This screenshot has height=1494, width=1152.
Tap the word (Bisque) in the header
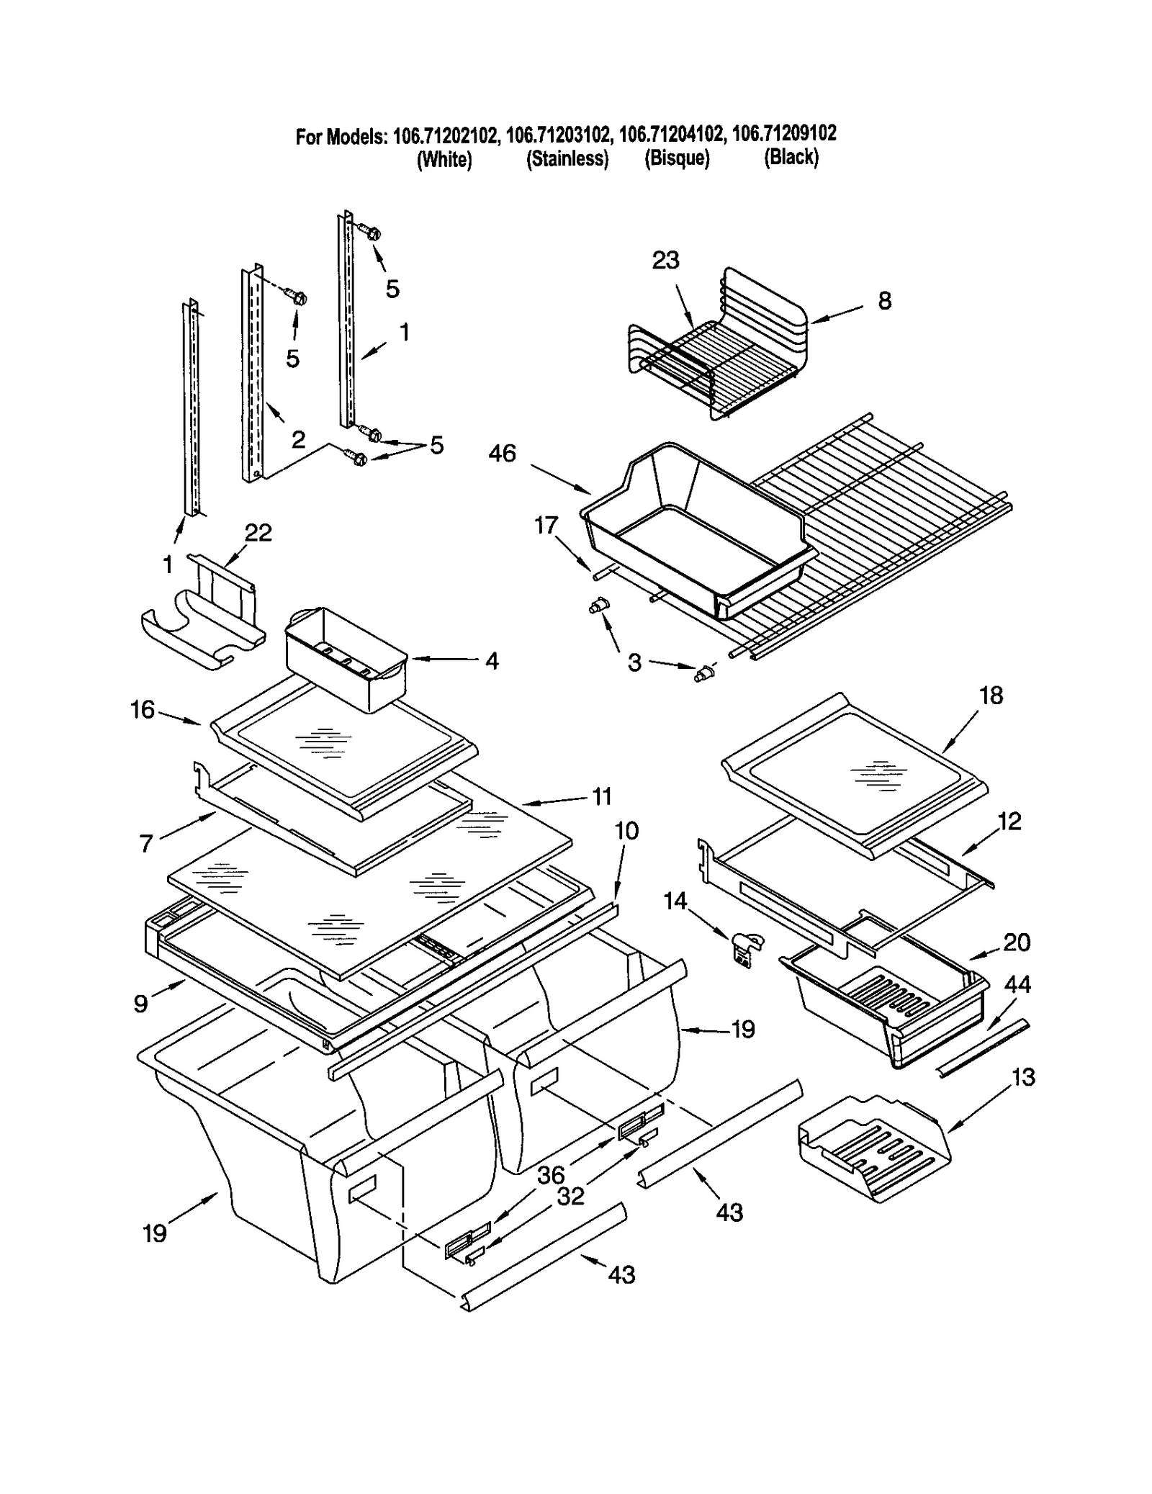(x=676, y=158)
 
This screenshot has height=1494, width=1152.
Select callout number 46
(x=502, y=453)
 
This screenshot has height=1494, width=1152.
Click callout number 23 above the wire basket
(x=665, y=260)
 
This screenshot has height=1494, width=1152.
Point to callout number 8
(x=884, y=300)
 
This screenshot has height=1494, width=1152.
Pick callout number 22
(x=258, y=533)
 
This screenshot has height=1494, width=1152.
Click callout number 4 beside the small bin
(x=491, y=660)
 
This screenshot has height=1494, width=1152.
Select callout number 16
(x=143, y=709)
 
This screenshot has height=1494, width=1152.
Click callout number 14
(x=675, y=901)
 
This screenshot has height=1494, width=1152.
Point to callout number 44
(x=1017, y=984)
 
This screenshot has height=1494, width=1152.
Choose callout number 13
(x=1023, y=1077)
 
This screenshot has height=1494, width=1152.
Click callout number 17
(x=546, y=526)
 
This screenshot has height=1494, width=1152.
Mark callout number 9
(x=141, y=1003)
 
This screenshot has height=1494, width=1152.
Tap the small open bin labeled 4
(x=346, y=659)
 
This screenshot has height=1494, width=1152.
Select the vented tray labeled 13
(x=873, y=1145)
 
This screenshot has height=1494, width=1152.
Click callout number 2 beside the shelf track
(x=298, y=438)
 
